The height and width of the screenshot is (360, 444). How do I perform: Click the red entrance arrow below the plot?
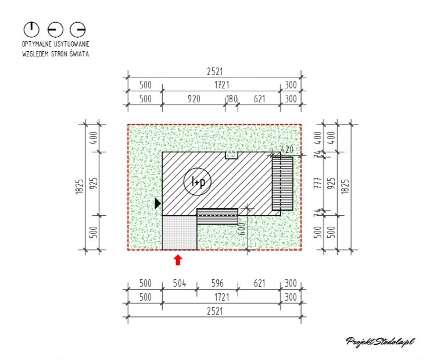click(178, 260)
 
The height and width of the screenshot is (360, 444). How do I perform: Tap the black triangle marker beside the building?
click(157, 203)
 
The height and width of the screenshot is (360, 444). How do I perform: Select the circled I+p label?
click(198, 181)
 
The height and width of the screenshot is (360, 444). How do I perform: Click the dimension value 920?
click(194, 99)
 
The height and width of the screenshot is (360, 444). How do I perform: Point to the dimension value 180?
click(232, 99)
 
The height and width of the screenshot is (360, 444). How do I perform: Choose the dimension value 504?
click(180, 283)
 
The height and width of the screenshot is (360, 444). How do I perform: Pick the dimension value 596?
click(217, 283)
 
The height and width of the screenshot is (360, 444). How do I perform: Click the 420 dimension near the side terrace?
click(287, 149)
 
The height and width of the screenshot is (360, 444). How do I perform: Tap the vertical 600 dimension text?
click(242, 229)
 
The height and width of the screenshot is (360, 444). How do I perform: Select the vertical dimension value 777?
click(318, 183)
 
